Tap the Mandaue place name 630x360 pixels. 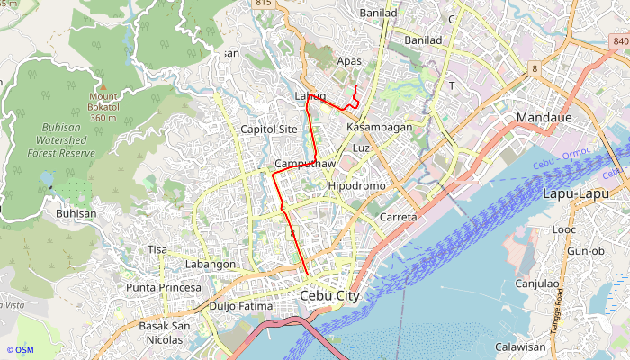tap(552, 118)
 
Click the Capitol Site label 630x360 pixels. tap(269, 130)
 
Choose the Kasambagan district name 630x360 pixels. tap(379, 128)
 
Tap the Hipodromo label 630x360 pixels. tap(357, 185)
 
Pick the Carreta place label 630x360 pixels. tap(399, 218)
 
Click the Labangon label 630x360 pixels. tap(210, 265)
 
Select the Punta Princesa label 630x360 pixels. tap(164, 287)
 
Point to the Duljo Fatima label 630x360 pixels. tap(240, 306)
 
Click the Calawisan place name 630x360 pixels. tap(520, 346)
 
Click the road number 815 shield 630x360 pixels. tap(263, 4)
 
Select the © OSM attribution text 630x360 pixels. tap(20, 350)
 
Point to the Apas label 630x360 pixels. tap(348, 61)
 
